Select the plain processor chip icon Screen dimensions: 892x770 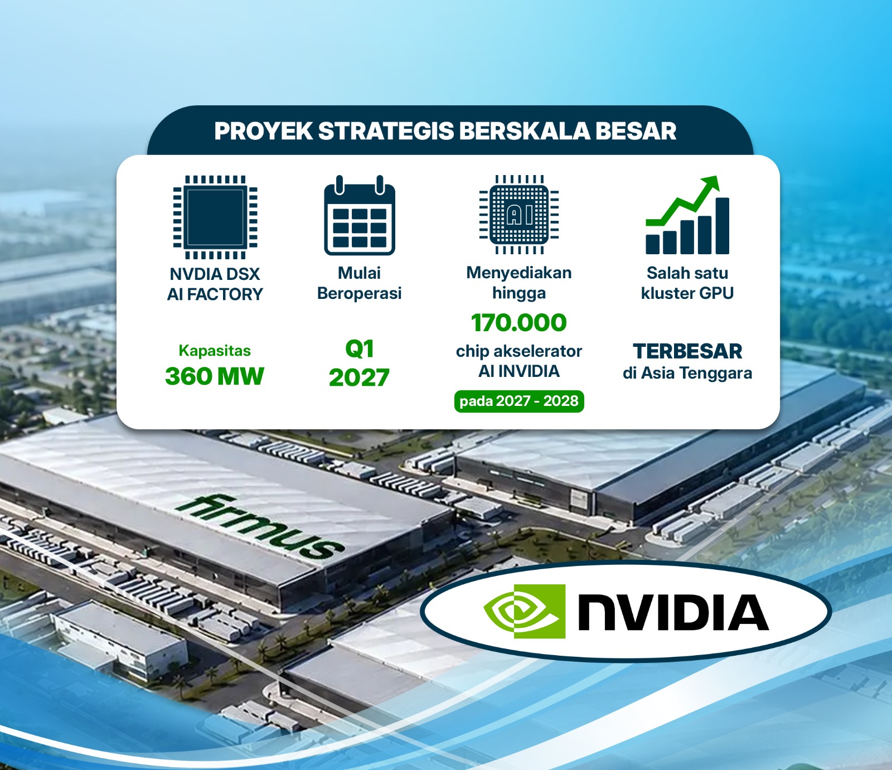215,217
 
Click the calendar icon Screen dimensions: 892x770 360,215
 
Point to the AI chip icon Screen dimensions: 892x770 519,215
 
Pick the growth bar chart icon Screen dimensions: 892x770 687,215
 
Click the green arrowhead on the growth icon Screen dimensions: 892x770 711,183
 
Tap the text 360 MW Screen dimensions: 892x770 215,376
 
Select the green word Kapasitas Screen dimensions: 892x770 215,351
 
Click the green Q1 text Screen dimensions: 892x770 360,349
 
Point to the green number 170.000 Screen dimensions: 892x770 519,323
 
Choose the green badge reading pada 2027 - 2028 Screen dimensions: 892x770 519,401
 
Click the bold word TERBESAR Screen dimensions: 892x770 687,351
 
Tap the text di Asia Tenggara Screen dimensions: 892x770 687,373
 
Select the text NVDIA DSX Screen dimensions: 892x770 215,274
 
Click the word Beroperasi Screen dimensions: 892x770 360,293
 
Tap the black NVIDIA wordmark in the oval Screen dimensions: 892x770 673,612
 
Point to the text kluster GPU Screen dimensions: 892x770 687,293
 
